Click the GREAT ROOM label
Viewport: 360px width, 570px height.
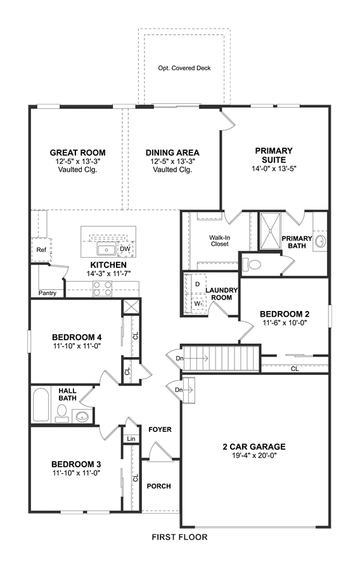click(x=77, y=153)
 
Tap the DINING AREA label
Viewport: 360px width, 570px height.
click(x=172, y=153)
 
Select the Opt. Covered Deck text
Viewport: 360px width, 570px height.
click(x=184, y=68)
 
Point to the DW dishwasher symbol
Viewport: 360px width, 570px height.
click(x=125, y=249)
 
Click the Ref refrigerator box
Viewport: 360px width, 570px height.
click(x=41, y=250)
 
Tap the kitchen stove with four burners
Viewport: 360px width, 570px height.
click(x=102, y=289)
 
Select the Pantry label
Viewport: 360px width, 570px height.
click(x=48, y=293)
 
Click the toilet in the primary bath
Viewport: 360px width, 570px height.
click(x=252, y=264)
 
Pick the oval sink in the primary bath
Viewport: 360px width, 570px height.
click(x=320, y=241)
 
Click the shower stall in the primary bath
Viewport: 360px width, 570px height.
click(x=270, y=231)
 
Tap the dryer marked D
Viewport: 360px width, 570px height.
click(x=197, y=284)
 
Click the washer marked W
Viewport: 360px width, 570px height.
click(x=197, y=303)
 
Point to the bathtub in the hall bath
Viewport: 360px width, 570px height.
click(x=41, y=405)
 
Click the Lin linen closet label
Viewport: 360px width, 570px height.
click(x=131, y=439)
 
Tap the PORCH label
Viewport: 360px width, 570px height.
click(x=159, y=486)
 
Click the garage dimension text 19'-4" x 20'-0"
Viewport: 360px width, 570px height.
click(x=254, y=455)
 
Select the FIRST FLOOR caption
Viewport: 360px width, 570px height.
click(x=179, y=536)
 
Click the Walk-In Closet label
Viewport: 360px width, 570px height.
click(x=220, y=241)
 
